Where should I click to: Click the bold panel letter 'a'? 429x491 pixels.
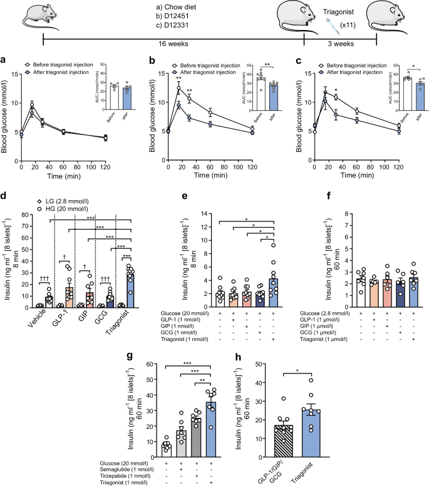[5, 60]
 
